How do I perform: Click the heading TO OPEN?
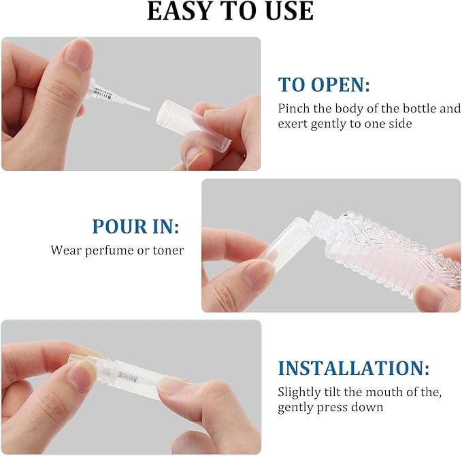324,84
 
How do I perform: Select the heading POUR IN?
135,227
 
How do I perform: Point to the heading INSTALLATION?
354,368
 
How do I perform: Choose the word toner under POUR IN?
168,250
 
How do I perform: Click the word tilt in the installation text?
332,392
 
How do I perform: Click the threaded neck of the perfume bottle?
319,220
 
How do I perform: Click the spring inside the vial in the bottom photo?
127,376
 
